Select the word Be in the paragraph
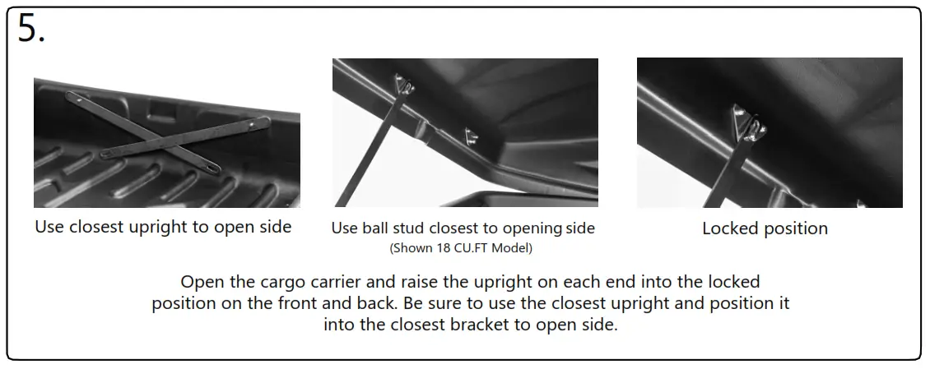pos(416,303)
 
